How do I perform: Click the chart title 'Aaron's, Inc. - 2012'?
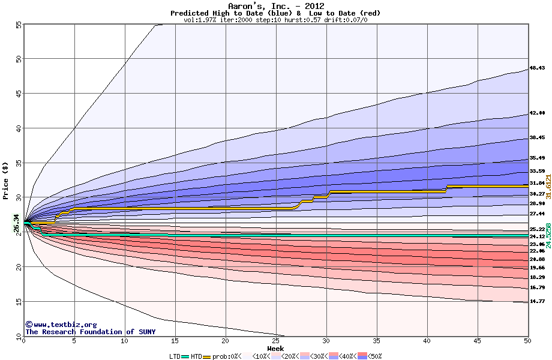click(x=276, y=6)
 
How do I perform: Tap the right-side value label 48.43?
click(x=537, y=69)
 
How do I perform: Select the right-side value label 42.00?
click(x=537, y=113)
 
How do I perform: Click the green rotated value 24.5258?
click(x=548, y=236)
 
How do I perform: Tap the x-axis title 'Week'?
click(x=276, y=349)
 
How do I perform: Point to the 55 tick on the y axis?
click(x=19, y=25)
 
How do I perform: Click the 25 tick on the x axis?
click(x=275, y=341)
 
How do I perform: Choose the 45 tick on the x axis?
click(x=477, y=341)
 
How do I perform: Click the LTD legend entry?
click(x=175, y=356)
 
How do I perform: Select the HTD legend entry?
click(x=197, y=356)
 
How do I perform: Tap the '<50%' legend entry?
click(x=372, y=356)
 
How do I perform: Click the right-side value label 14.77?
click(x=537, y=301)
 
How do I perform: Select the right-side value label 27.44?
click(x=537, y=214)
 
